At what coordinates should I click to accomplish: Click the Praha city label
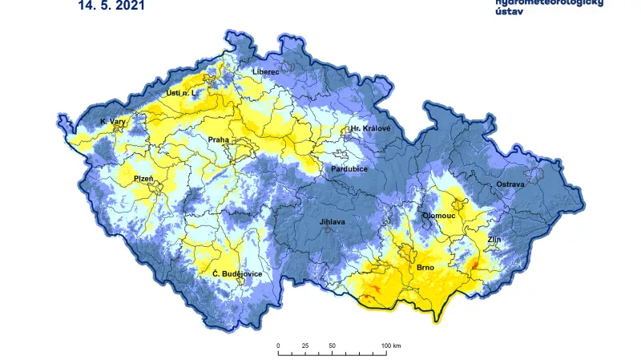(x=219, y=140)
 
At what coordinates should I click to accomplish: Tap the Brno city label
(x=425, y=267)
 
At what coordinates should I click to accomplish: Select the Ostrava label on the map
(x=510, y=184)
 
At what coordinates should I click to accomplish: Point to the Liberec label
(x=265, y=72)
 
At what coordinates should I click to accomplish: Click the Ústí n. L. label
(x=181, y=93)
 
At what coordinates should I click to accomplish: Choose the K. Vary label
(x=113, y=122)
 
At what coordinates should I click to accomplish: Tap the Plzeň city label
(x=144, y=179)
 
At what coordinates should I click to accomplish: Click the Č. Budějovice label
(x=237, y=274)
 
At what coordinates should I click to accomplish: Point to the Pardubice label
(x=349, y=169)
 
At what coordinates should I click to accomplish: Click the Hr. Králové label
(x=370, y=128)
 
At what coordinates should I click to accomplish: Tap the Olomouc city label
(x=439, y=216)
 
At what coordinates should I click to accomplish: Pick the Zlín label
(x=494, y=240)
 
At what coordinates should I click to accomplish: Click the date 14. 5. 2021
(x=112, y=6)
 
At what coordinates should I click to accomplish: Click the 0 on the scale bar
(x=278, y=346)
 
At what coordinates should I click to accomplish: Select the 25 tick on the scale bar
(x=305, y=346)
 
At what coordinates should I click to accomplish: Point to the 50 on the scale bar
(x=332, y=346)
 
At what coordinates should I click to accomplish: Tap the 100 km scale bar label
(x=391, y=346)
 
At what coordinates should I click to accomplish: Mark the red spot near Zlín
(x=474, y=264)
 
